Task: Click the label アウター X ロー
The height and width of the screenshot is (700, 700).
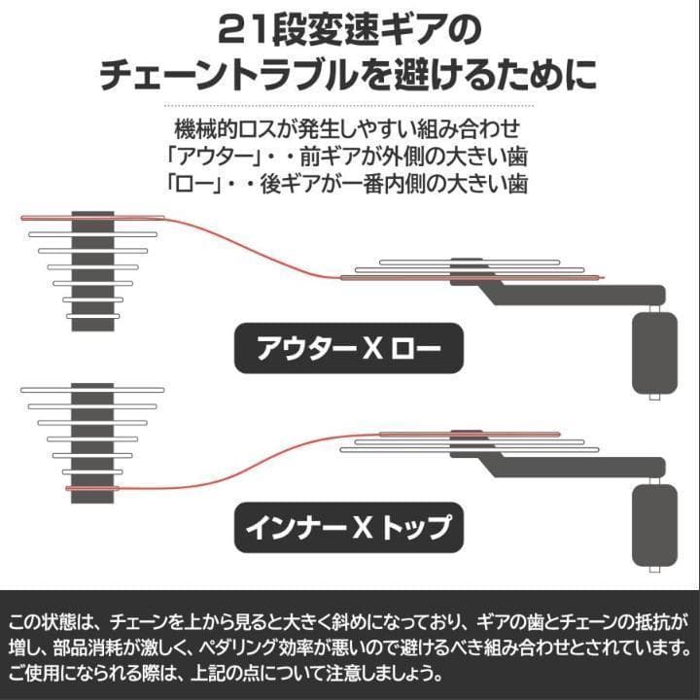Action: click(x=350, y=347)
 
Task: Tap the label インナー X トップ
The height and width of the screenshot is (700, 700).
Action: click(x=350, y=528)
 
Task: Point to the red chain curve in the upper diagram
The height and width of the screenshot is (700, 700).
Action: click(x=253, y=243)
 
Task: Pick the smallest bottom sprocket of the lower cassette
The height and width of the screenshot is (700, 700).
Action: click(x=93, y=487)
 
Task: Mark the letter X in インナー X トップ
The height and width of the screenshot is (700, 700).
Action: click(x=361, y=528)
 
